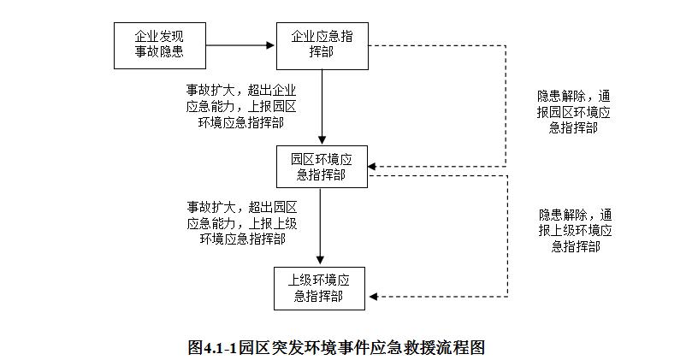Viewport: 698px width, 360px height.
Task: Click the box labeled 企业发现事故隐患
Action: [160, 46]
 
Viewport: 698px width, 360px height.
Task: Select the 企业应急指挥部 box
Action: [322, 46]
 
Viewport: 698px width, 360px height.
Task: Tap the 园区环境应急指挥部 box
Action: [322, 167]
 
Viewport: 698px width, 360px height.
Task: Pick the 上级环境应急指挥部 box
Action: [319, 288]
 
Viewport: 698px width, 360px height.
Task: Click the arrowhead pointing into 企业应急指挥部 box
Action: [269, 45]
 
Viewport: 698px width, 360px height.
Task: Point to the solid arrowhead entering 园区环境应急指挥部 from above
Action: [322, 139]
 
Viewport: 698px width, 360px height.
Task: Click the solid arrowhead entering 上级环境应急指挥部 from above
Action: [320, 260]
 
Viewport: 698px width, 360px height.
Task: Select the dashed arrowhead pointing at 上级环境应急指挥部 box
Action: [374, 297]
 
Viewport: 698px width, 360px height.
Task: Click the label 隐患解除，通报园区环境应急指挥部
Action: [573, 112]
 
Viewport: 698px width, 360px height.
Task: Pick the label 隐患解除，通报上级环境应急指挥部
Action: [575, 231]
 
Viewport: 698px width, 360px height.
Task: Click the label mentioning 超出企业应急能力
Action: [241, 106]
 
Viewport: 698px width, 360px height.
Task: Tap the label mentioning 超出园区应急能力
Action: [242, 222]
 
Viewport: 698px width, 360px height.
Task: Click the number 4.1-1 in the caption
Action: [220, 347]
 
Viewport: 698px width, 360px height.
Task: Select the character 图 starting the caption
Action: [195, 347]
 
